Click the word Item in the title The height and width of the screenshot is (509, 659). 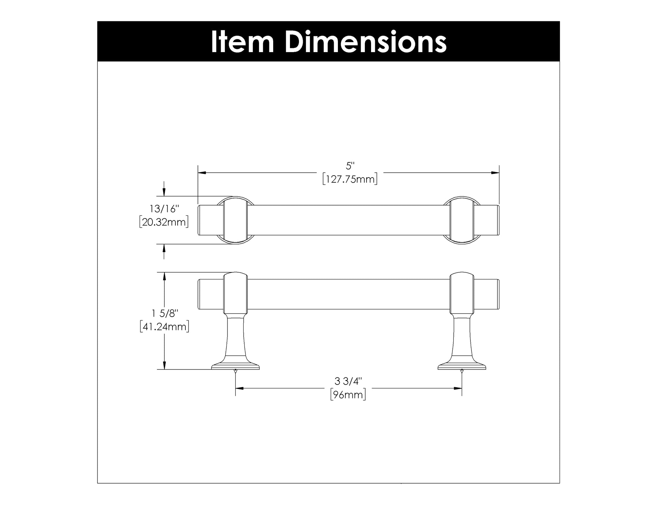click(242, 42)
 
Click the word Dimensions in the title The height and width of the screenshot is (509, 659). click(366, 42)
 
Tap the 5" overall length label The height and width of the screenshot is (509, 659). click(350, 166)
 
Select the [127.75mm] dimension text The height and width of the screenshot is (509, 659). click(350, 179)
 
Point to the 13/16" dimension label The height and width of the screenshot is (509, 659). click(164, 209)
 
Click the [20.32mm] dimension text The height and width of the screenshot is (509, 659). click(164, 222)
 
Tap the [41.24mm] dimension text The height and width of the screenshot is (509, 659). click(164, 327)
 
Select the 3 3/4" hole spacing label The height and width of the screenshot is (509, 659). click(348, 381)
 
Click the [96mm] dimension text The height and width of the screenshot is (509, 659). click(348, 395)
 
